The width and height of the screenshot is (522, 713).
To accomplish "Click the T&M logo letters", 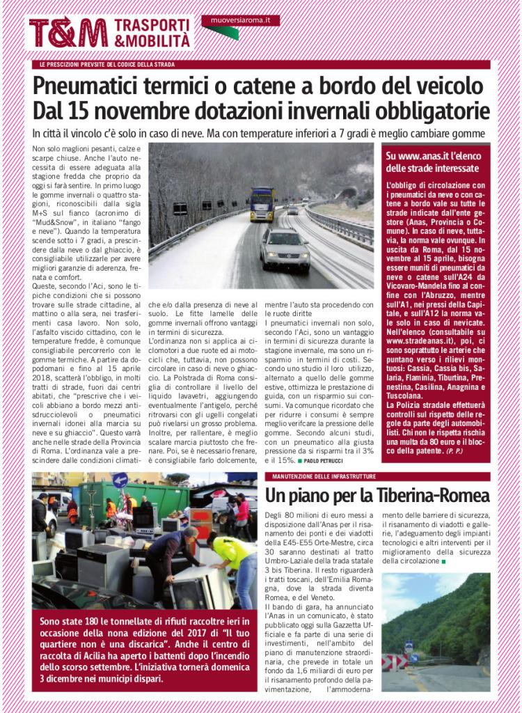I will click(x=68, y=33).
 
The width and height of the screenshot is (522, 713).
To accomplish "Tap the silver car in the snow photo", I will click(x=285, y=249).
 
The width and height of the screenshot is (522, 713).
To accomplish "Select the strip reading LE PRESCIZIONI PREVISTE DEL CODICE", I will click(x=107, y=64).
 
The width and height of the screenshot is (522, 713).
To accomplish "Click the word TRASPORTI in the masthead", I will click(x=152, y=26).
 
